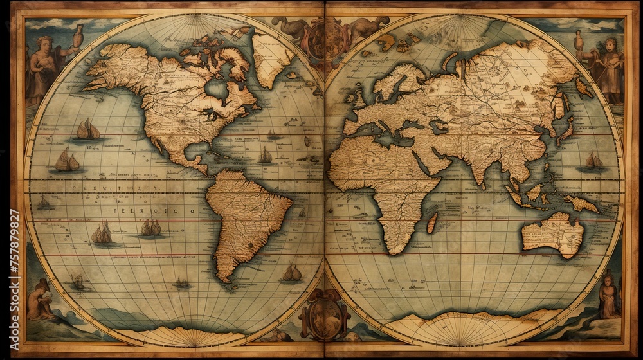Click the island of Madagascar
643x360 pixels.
432,222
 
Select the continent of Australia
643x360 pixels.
552,234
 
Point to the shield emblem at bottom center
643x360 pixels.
323,316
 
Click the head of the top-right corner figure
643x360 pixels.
609,44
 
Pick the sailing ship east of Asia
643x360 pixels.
593,161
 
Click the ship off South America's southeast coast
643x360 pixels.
292,273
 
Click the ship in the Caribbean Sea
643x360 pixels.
265,156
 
